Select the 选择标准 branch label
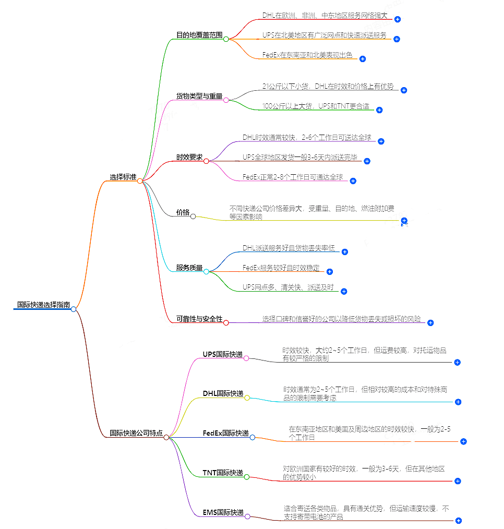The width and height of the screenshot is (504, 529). (x=123, y=177)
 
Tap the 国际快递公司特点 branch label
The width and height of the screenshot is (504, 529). (x=136, y=433)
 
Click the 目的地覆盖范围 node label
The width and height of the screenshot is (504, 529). (x=199, y=35)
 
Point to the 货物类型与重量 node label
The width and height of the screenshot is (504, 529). (x=199, y=97)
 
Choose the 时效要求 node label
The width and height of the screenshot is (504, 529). (x=189, y=158)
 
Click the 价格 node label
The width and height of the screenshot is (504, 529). (x=183, y=212)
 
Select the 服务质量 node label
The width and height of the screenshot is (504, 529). (x=189, y=268)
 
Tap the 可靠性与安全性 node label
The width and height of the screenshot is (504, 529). (x=199, y=319)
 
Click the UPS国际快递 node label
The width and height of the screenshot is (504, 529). (x=223, y=355)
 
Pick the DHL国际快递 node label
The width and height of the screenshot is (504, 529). (x=223, y=393)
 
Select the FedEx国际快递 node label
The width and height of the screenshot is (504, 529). (x=226, y=433)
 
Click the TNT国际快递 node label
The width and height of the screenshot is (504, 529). (x=223, y=473)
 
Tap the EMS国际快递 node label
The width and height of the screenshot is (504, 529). (x=223, y=512)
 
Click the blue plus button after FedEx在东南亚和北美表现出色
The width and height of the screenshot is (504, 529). (x=363, y=59)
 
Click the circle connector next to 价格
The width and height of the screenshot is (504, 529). (x=193, y=216)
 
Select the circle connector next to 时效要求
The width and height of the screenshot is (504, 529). (x=206, y=161)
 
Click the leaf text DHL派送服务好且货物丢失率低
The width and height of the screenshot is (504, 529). (x=289, y=248)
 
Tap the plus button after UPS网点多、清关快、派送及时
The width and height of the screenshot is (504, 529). (x=344, y=291)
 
